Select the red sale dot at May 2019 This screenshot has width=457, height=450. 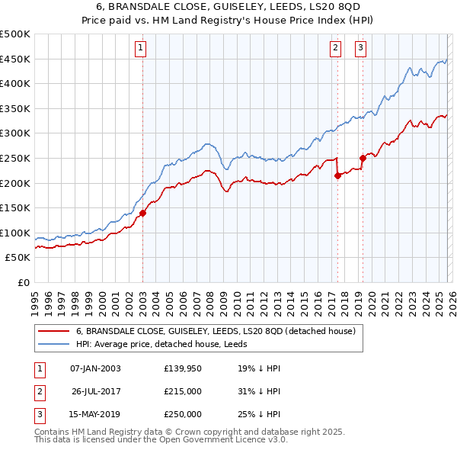pos(362,159)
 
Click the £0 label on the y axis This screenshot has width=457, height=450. pos(23,282)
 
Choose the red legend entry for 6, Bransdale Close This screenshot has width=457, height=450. pos(216,331)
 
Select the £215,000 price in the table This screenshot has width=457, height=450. pos(182,391)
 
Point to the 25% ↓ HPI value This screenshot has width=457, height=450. pos(259,415)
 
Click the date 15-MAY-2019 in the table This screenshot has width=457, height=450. pos(94,415)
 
